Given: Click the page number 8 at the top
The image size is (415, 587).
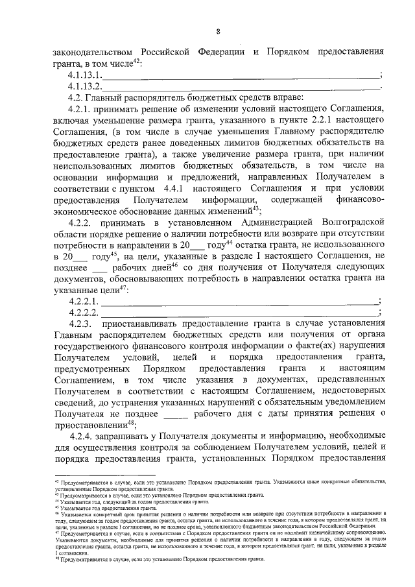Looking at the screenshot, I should tap(218, 30).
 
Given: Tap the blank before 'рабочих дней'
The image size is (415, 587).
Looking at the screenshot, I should tap(100, 268).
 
